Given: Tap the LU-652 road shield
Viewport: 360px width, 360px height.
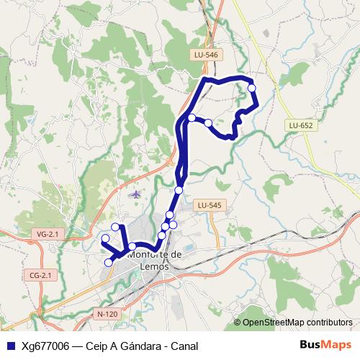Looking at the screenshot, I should [x=300, y=125].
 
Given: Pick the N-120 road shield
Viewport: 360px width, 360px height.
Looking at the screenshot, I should [x=107, y=315].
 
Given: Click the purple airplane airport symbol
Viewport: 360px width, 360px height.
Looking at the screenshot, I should [x=136, y=194].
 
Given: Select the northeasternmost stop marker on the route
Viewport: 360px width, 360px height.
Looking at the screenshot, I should [x=252, y=88].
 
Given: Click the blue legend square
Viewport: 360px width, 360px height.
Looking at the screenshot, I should [x=10, y=346].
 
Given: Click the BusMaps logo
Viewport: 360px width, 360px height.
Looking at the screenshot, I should [x=326, y=346].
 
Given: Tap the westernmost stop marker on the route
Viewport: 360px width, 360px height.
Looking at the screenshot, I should [x=105, y=238].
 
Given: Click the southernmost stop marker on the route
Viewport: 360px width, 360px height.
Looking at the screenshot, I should [x=109, y=262].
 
